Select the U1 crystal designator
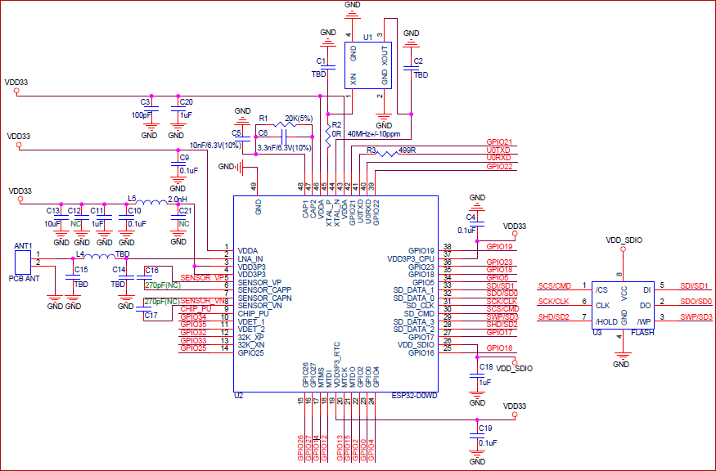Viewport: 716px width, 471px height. click(x=367, y=38)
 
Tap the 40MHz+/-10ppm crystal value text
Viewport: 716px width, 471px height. click(x=373, y=133)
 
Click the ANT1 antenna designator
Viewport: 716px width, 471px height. click(x=23, y=245)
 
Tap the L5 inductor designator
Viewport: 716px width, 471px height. click(x=132, y=198)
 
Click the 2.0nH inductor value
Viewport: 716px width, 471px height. click(x=178, y=198)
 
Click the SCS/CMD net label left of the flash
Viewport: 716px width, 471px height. click(x=554, y=286)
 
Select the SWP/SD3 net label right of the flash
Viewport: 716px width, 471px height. click(x=696, y=316)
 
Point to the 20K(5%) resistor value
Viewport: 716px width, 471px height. click(x=299, y=119)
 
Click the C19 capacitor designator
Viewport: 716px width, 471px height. click(x=485, y=428)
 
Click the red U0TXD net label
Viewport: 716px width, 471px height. click(x=498, y=150)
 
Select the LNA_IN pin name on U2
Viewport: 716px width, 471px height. click(x=250, y=258)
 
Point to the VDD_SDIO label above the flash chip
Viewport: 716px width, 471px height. click(x=624, y=240)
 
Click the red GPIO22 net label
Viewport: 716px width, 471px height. click(x=499, y=167)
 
